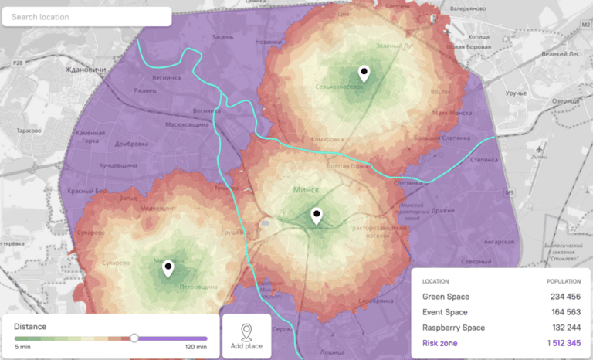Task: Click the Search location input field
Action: click(x=86, y=17)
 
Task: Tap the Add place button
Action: click(x=246, y=336)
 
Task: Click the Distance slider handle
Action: click(x=134, y=338)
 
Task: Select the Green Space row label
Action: click(x=446, y=297)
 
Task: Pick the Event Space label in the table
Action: click(x=445, y=312)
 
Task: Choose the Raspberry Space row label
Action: click(x=453, y=328)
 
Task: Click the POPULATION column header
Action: click(x=563, y=281)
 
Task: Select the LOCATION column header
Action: click(x=435, y=281)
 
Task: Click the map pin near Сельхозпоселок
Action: click(x=364, y=73)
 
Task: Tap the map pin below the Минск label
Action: click(x=316, y=216)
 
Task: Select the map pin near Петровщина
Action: click(x=168, y=269)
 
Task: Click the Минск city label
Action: click(x=307, y=188)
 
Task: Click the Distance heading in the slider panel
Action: click(x=30, y=326)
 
